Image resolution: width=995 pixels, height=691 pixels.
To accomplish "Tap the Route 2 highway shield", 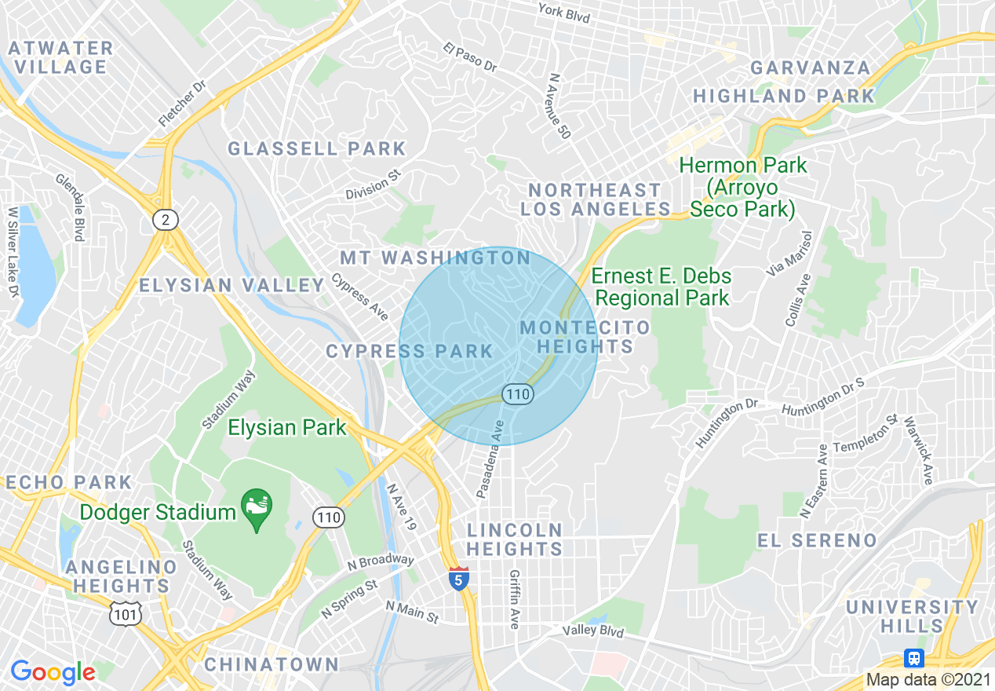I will tap(165, 220).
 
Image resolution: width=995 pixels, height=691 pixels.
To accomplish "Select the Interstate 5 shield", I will tap(459, 579).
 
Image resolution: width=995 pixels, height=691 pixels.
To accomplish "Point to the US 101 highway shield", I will tap(126, 613).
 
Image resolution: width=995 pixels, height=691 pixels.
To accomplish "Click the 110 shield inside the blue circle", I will tap(518, 393).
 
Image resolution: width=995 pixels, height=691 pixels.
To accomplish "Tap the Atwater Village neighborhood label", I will tap(61, 57).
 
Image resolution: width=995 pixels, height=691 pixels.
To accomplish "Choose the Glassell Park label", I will tap(317, 148).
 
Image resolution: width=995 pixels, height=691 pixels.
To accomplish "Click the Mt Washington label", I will tap(436, 258).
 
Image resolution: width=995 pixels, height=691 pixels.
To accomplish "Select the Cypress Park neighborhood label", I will tap(410, 351).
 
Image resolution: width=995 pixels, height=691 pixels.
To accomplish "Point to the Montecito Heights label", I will tap(585, 336).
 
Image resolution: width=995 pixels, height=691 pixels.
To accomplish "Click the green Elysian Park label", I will tap(287, 427).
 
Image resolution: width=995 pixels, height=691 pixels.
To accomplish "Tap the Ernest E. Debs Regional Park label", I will tap(662, 287).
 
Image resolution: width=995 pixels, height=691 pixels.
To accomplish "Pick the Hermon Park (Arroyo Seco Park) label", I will tap(742, 188).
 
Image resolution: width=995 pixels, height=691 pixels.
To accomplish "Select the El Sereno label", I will tap(817, 540).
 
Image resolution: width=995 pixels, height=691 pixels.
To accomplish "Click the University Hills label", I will tap(912, 616).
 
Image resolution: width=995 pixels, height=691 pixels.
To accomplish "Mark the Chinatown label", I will tap(272, 664).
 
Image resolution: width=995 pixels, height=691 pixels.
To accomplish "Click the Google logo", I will tap(53, 672).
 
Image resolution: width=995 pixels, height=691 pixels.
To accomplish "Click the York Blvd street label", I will tap(563, 13).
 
